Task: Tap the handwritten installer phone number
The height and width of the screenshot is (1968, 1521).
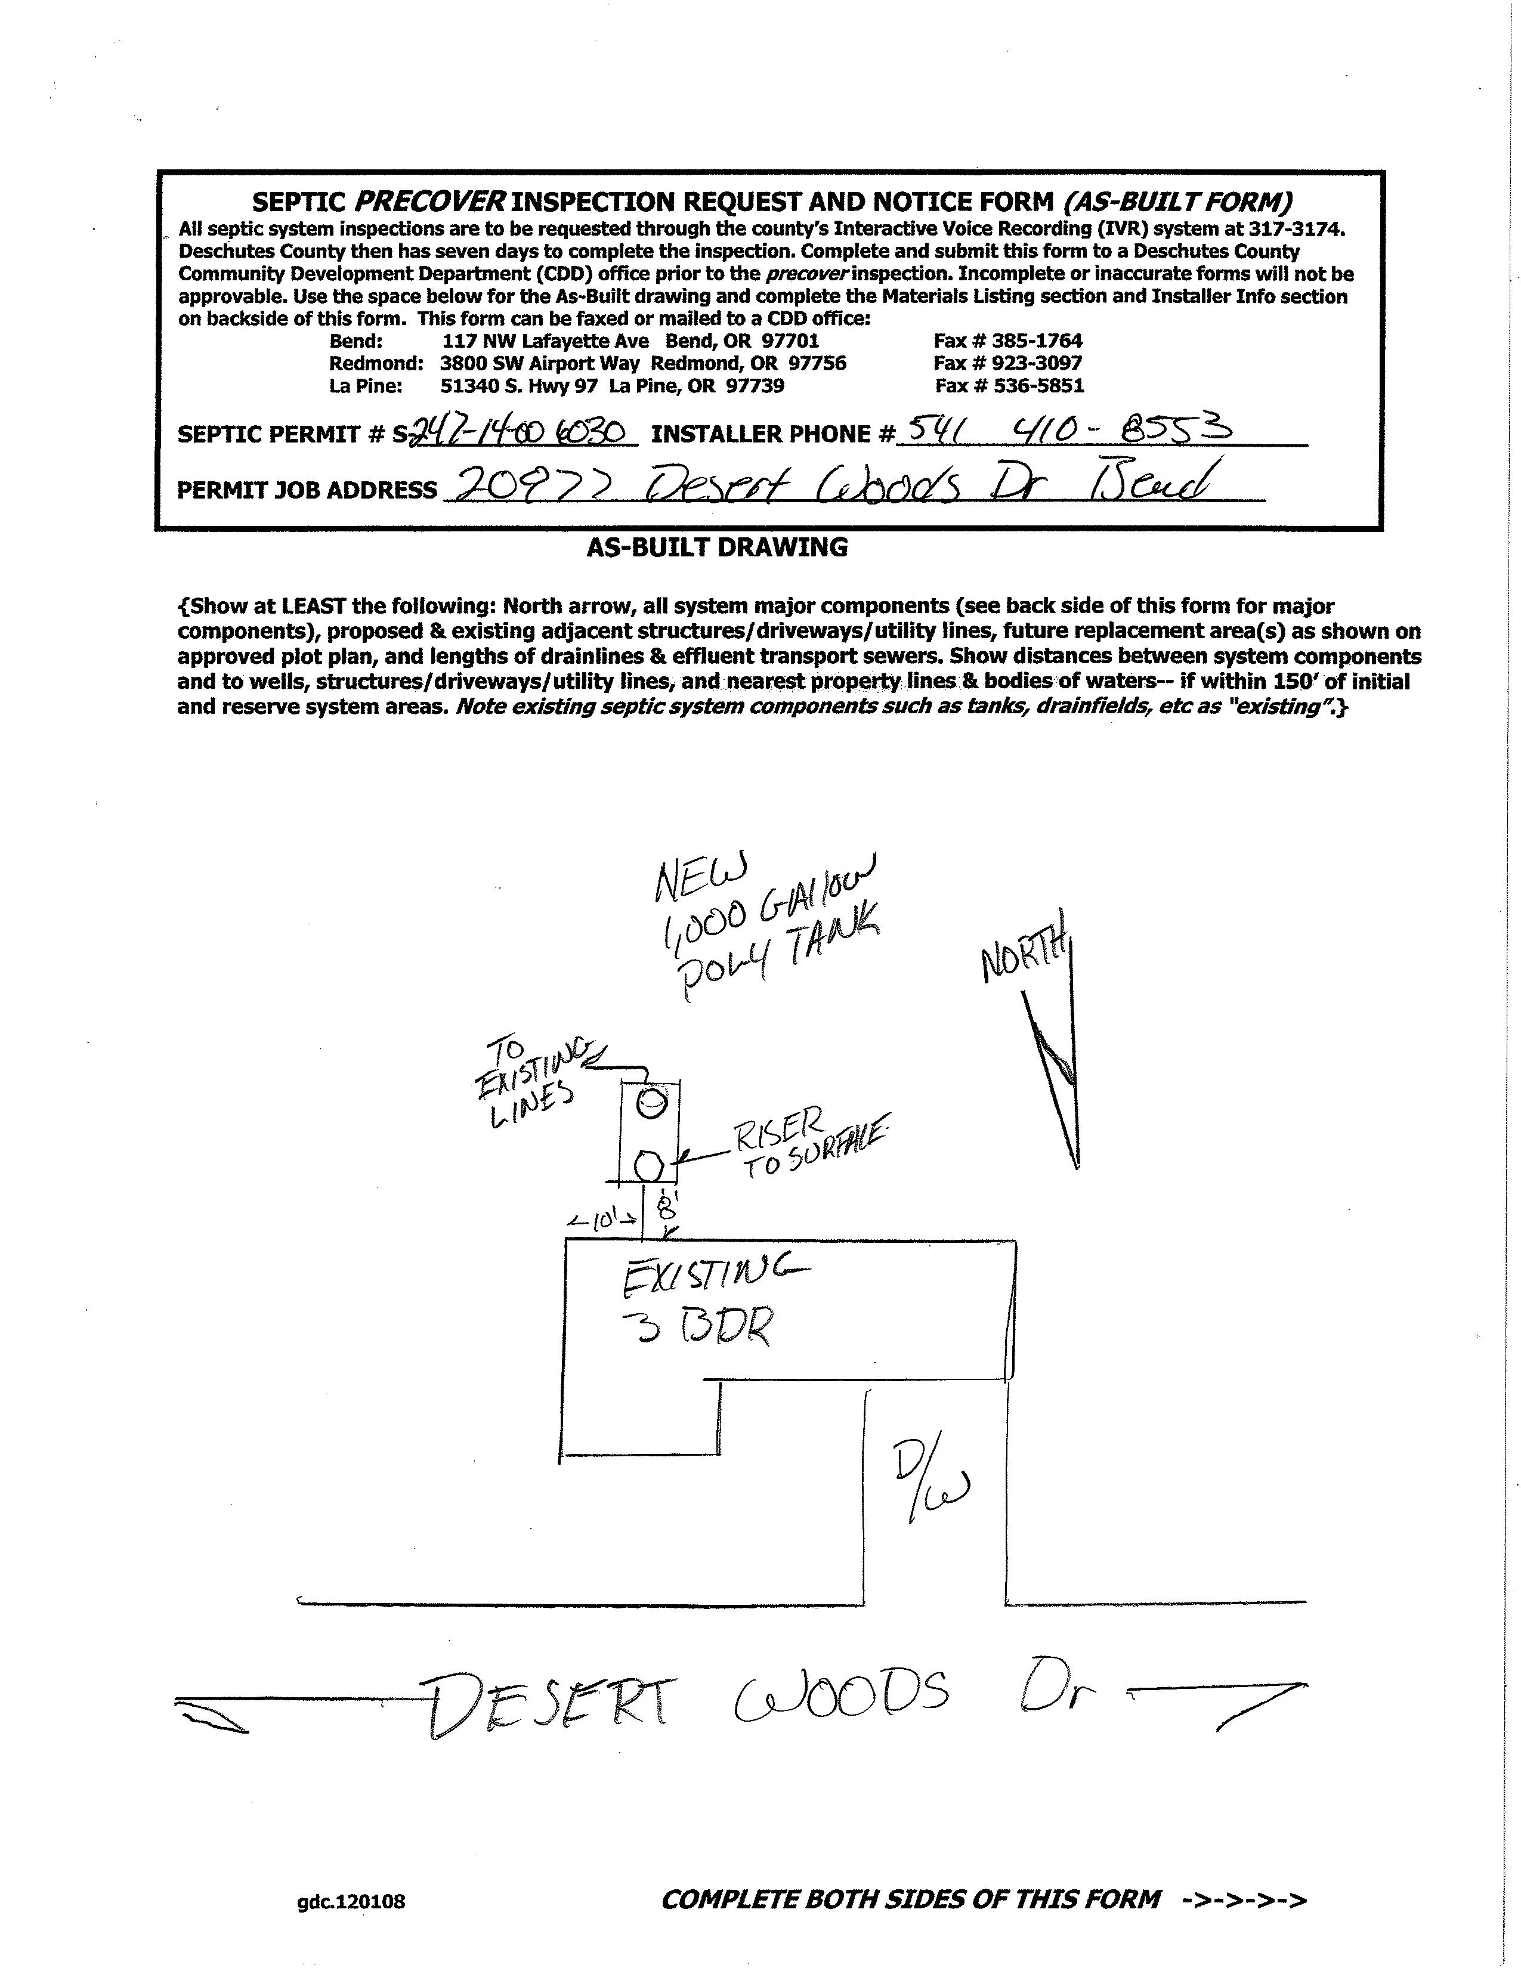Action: pyautogui.click(x=1068, y=430)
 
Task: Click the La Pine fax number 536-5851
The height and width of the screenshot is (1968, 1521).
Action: pyautogui.click(x=1009, y=386)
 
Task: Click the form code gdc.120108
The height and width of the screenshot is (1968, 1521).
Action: pyautogui.click(x=351, y=1901)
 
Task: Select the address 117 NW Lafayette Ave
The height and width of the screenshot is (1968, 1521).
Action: pyautogui.click(x=545, y=341)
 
